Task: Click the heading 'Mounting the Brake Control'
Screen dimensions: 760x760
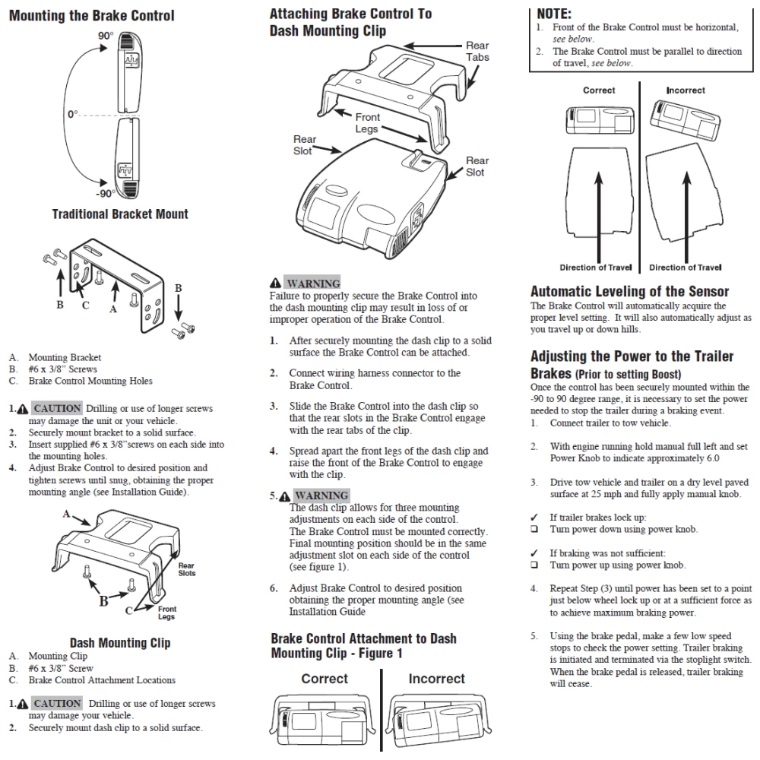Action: point(91,15)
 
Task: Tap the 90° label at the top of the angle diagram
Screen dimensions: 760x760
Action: point(105,36)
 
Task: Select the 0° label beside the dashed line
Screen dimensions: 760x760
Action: point(72,114)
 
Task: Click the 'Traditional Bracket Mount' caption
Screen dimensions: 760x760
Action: point(120,214)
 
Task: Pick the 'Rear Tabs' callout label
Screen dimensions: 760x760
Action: point(477,52)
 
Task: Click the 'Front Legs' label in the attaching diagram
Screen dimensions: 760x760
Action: point(367,123)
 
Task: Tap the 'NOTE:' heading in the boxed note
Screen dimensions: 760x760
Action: point(554,14)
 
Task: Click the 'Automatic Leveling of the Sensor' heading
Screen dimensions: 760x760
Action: point(629,291)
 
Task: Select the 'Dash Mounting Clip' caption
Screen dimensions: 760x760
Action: point(120,642)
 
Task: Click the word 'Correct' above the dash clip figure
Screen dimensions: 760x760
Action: point(325,679)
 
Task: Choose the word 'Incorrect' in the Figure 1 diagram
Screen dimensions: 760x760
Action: point(436,679)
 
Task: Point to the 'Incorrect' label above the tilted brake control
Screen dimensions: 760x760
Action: point(686,90)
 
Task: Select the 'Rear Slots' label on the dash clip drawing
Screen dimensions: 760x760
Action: point(186,569)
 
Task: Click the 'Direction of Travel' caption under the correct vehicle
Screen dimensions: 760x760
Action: point(595,268)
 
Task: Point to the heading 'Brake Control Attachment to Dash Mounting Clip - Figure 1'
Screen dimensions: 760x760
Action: point(363,645)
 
